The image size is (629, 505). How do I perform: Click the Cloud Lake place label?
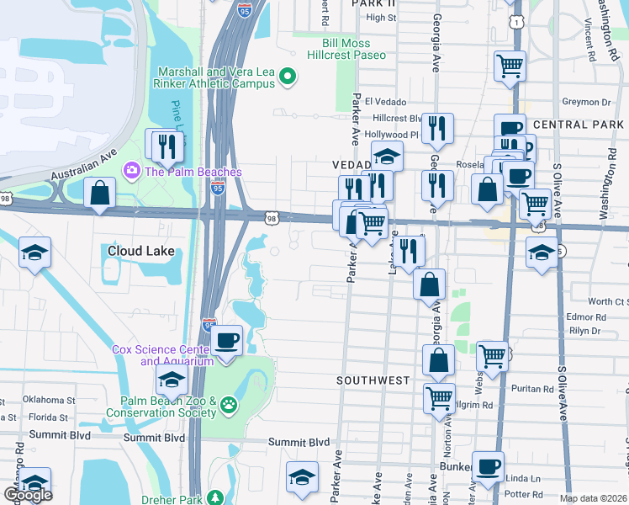(x=140, y=251)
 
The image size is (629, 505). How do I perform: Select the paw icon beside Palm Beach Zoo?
(x=228, y=407)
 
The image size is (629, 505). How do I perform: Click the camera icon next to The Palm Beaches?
(x=131, y=172)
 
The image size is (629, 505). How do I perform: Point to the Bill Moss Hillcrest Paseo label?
(x=353, y=49)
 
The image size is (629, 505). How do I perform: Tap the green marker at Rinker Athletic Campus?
(x=288, y=77)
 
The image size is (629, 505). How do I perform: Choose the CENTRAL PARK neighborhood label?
(x=579, y=125)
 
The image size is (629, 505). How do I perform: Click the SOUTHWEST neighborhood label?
(x=373, y=380)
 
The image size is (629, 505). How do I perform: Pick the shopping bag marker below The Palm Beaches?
(x=99, y=193)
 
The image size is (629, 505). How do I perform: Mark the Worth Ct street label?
(x=605, y=301)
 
